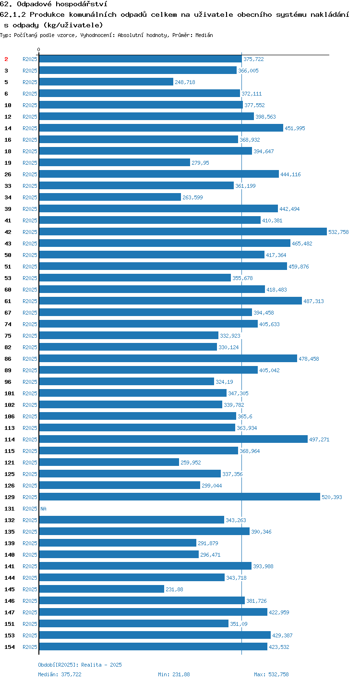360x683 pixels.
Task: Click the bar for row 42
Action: (183, 232)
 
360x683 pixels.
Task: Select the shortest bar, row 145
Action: (102, 589)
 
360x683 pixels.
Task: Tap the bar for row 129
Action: (180, 497)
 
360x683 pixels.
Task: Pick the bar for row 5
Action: (107, 82)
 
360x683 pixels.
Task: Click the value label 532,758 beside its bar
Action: (338, 232)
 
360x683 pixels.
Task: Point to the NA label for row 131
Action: (43, 509)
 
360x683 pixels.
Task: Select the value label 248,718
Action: (185, 82)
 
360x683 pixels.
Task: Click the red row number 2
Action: (6, 59)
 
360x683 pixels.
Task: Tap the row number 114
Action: (10, 439)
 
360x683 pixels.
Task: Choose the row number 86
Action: (8, 359)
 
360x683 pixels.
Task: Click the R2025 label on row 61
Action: (30, 301)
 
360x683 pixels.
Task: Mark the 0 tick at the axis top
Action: (39, 49)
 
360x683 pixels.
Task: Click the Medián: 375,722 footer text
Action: (60, 674)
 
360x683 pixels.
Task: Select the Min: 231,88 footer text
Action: (174, 674)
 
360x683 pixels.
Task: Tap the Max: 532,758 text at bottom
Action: (271, 674)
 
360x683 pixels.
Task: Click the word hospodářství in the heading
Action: (82, 4)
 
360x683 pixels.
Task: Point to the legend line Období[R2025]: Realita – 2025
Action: (80, 665)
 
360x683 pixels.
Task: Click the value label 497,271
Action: (319, 439)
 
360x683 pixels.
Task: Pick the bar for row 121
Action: (109, 462)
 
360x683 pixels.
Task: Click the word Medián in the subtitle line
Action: (204, 35)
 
